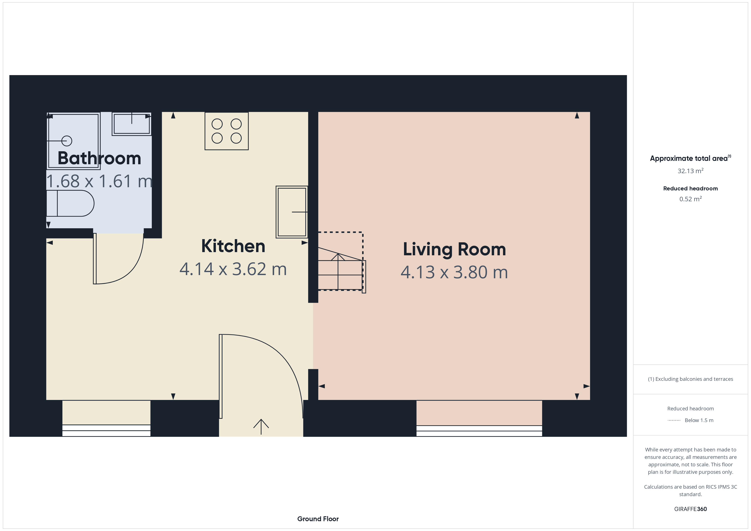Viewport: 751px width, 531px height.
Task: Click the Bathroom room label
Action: [99, 158]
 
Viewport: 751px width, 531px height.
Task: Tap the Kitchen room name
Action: [233, 246]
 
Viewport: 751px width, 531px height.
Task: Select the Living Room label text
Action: [454, 250]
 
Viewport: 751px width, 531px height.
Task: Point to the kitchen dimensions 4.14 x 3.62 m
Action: [233, 269]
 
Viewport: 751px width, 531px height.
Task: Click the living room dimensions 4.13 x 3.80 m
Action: [454, 272]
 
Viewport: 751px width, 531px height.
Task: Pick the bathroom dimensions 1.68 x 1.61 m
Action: [99, 181]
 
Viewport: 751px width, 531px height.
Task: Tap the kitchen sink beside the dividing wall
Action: [292, 212]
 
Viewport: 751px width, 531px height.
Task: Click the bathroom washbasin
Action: [132, 124]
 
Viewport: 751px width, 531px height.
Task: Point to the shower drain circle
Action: [67, 141]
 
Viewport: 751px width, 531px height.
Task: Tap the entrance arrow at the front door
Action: [261, 427]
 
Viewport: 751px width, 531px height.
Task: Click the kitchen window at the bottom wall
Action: [106, 430]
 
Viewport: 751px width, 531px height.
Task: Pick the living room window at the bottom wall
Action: [479, 431]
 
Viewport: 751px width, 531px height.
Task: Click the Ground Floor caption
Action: [318, 519]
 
